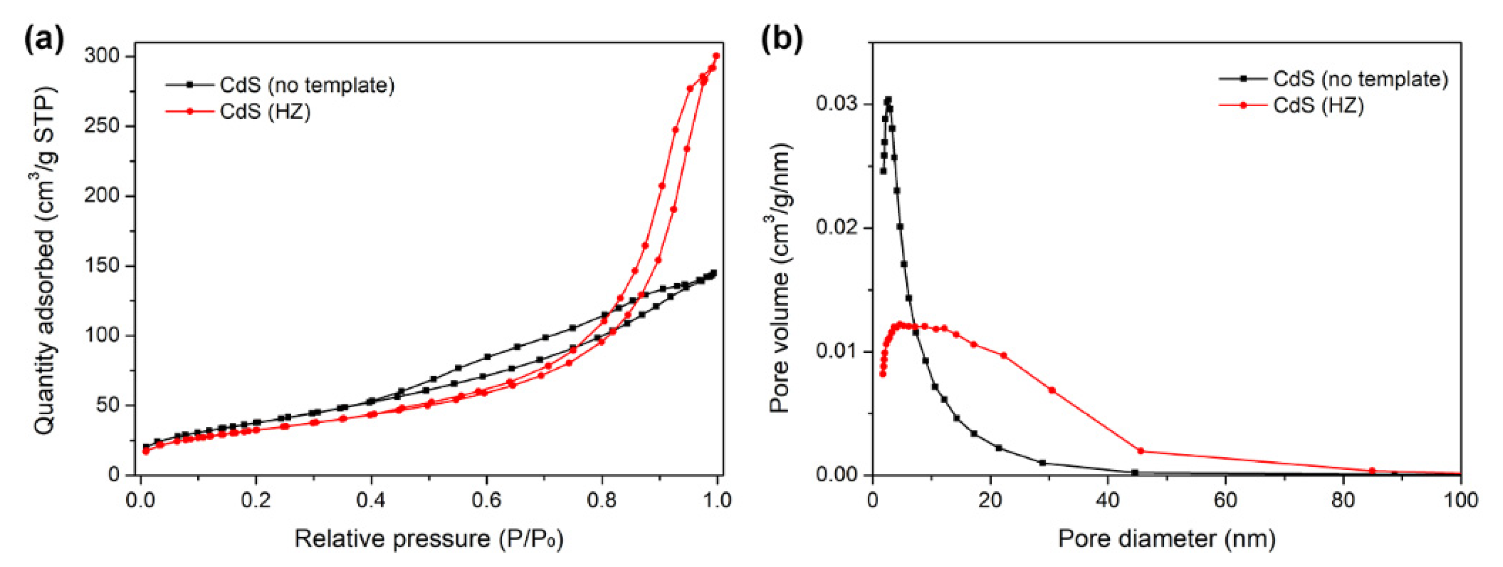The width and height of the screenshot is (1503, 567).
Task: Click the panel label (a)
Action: (x=44, y=40)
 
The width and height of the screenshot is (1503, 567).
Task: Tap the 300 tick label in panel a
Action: (x=102, y=56)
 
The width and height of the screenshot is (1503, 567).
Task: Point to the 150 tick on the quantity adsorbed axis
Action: (x=102, y=266)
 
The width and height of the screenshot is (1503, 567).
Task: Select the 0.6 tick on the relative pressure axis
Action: (x=486, y=500)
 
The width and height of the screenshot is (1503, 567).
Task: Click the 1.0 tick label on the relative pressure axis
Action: (x=715, y=500)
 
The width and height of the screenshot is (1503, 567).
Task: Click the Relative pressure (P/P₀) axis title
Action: (x=429, y=538)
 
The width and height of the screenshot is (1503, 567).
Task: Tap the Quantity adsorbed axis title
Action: (x=46, y=260)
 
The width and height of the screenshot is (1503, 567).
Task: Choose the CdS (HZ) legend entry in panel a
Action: (x=265, y=111)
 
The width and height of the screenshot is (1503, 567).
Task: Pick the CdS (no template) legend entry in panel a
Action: (x=306, y=85)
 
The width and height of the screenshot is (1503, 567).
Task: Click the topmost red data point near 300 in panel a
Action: (x=716, y=56)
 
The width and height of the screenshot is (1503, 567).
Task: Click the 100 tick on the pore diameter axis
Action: (x=1461, y=500)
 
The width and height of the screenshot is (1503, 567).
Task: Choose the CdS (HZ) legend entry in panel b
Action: (x=1318, y=105)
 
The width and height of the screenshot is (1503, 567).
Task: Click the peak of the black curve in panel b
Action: (x=888, y=100)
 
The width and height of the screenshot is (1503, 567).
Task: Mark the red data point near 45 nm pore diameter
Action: (x=1141, y=451)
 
